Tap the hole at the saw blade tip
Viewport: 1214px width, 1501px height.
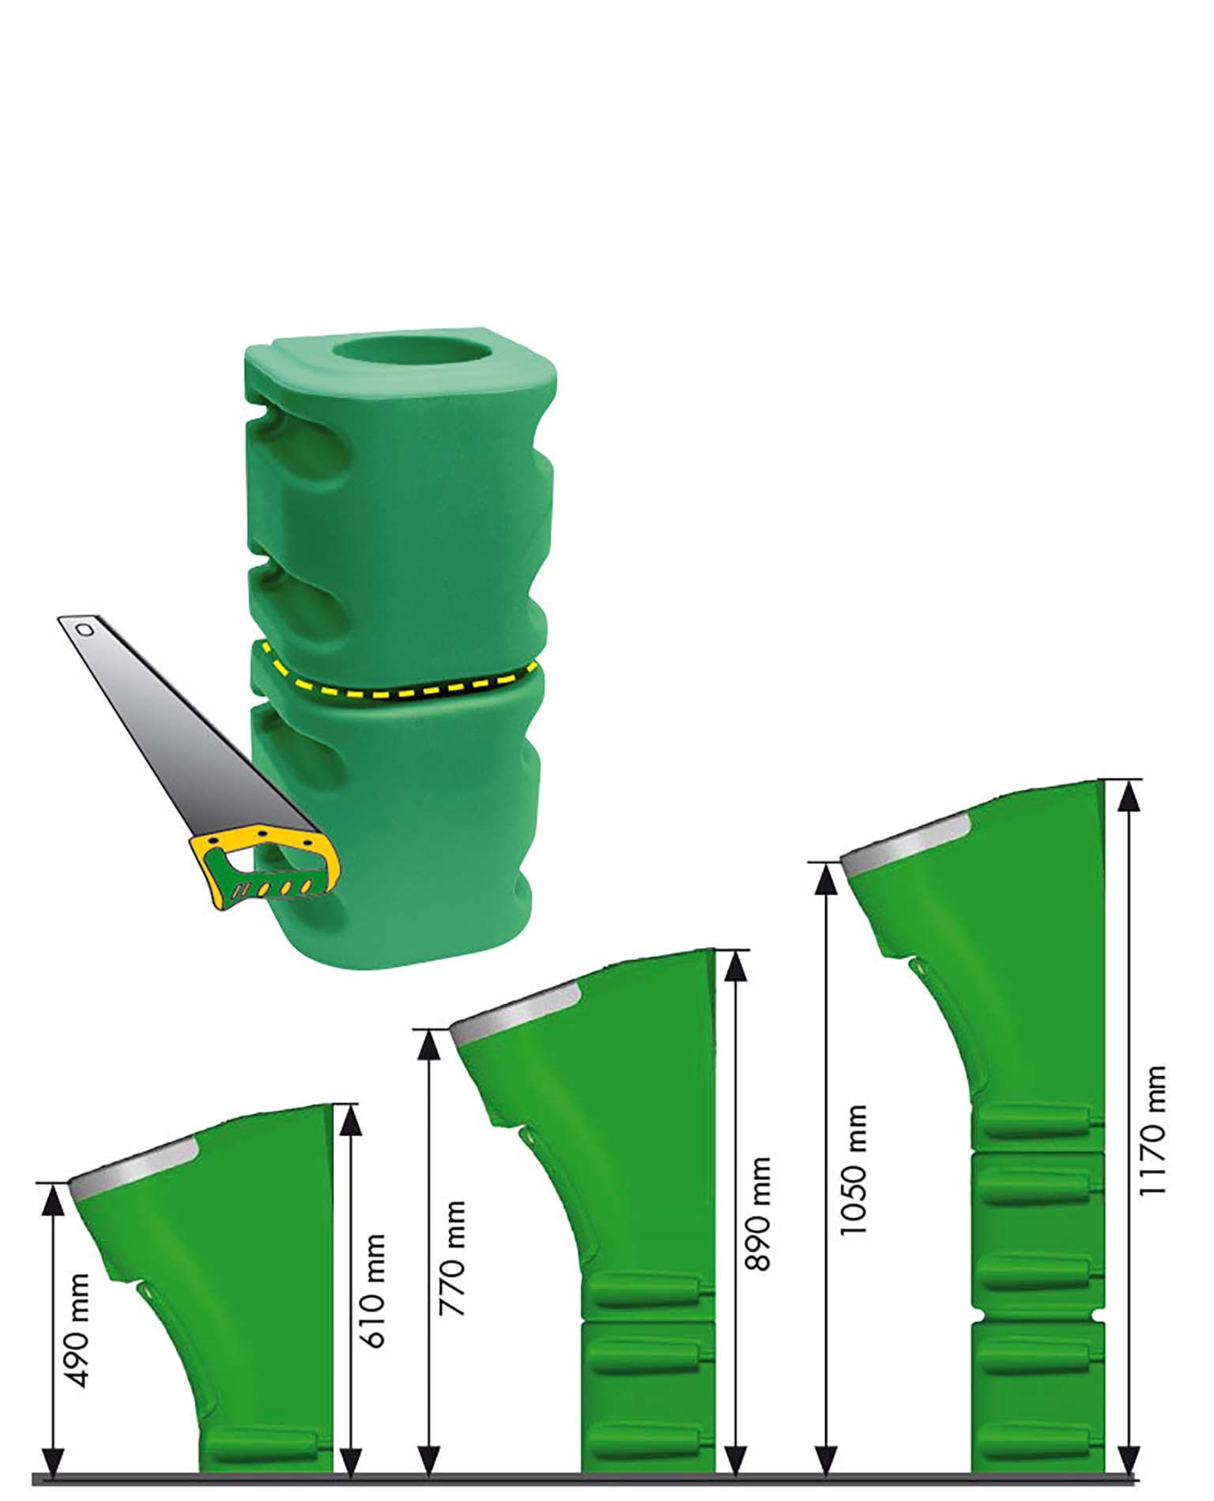tap(83, 630)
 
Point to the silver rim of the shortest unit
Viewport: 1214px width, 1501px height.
tap(133, 1164)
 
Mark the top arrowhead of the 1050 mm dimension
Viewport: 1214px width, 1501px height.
tap(827, 878)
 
